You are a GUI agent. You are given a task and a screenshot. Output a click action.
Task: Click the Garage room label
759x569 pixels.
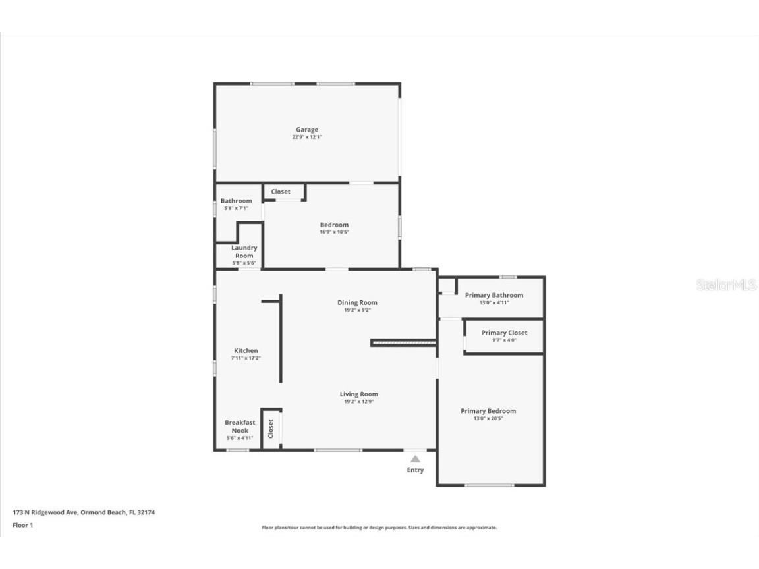(306, 130)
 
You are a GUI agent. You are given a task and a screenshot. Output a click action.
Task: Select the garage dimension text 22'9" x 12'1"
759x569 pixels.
(306, 138)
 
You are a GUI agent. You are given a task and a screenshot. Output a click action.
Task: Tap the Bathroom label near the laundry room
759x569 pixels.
(236, 201)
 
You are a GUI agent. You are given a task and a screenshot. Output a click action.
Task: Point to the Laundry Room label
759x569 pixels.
(244, 252)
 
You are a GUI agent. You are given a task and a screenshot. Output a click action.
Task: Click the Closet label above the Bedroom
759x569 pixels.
(281, 192)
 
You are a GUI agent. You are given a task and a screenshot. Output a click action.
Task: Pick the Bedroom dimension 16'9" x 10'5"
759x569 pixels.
(334, 232)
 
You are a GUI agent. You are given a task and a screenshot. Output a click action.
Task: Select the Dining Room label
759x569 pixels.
(357, 302)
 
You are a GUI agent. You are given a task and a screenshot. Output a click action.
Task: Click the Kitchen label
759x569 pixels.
(246, 350)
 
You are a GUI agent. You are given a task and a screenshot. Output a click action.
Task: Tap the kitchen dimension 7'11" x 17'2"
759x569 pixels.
(246, 358)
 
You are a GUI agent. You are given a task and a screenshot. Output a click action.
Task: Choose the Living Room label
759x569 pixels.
(358, 394)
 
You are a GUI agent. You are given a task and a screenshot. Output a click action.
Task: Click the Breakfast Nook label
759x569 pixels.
(240, 426)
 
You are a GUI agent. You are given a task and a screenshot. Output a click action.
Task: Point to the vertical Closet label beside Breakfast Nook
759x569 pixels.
(270, 429)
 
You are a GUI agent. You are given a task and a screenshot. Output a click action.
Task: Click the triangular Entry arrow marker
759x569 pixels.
(415, 459)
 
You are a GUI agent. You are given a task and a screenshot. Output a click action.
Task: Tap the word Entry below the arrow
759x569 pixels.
(415, 470)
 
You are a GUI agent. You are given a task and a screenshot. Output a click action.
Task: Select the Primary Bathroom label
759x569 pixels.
(493, 295)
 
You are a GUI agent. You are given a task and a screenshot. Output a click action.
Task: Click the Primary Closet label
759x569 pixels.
(504, 333)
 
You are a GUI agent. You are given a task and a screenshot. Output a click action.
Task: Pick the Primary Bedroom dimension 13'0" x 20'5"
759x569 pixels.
(488, 418)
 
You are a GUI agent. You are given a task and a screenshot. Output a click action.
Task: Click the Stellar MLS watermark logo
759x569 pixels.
(725, 285)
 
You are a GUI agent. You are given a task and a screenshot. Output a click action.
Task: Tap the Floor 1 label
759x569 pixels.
(22, 525)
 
